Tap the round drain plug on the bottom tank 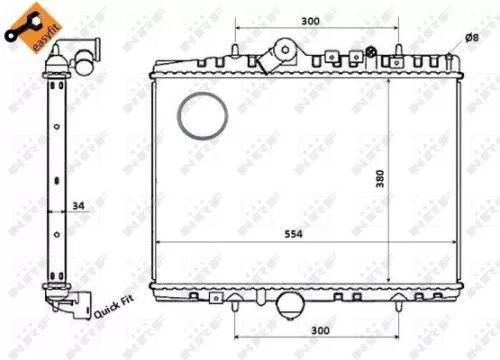[x=292, y=302]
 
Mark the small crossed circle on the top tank [x=371, y=51]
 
